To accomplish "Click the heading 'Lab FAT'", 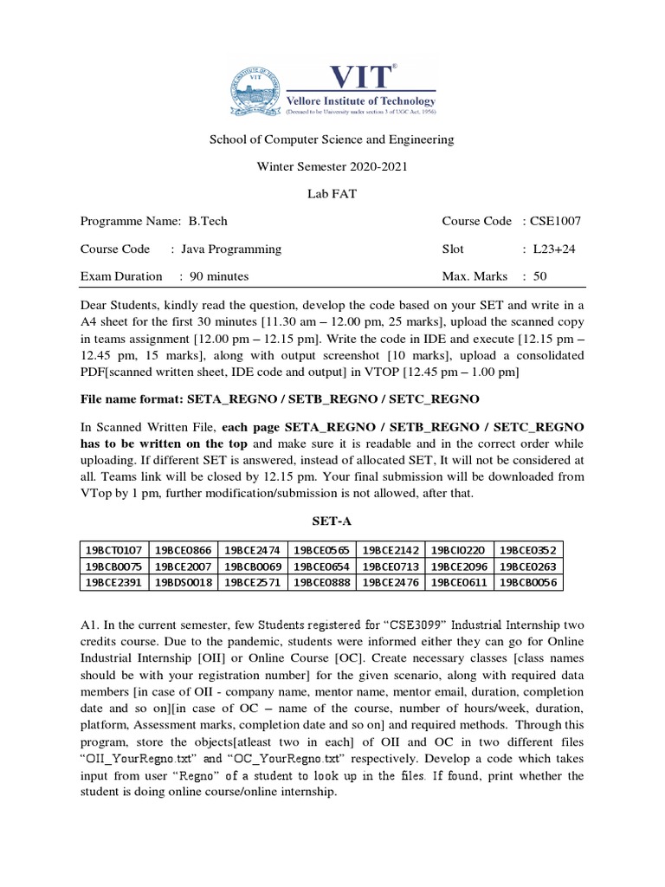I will (332, 194).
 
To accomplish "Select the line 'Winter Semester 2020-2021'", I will (332, 166).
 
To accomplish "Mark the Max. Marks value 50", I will (539, 277).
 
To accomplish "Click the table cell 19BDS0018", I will (184, 583).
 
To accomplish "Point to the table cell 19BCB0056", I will (529, 583).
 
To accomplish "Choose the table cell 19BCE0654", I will (321, 567).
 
